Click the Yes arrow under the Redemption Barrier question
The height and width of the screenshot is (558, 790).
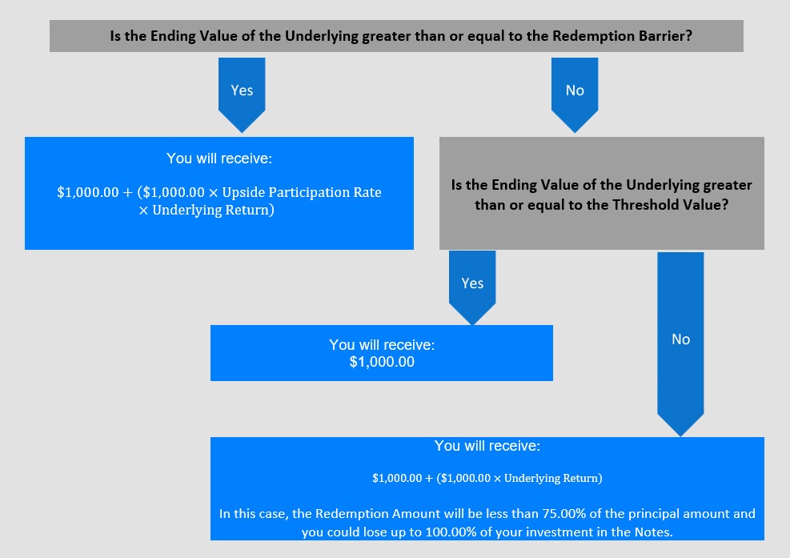(x=242, y=94)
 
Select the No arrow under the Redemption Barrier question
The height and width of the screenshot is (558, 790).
(x=575, y=94)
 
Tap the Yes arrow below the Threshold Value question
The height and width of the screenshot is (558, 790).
(x=472, y=288)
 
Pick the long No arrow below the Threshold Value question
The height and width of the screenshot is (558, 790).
(x=680, y=344)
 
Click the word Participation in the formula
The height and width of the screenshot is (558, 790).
(x=303, y=193)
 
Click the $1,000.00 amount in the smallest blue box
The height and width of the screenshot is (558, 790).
(x=382, y=362)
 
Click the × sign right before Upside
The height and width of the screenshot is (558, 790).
(x=213, y=193)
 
